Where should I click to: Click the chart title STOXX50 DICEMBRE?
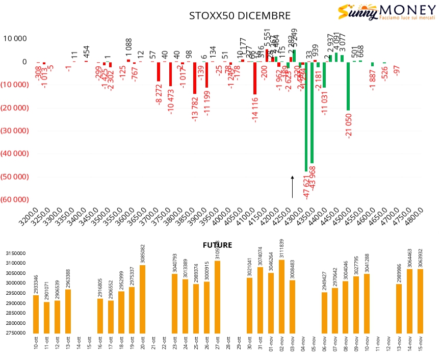coord(240,16)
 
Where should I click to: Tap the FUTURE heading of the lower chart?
coord(217,245)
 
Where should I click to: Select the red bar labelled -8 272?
coord(159,71)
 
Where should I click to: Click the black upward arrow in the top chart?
coord(292,187)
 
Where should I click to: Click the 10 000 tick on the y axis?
coord(15,39)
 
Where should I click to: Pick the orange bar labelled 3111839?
coord(281,296)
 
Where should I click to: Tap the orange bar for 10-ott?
coord(36,314)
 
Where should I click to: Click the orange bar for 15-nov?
coord(420,301)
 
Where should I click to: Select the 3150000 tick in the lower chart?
coord(15,253)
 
